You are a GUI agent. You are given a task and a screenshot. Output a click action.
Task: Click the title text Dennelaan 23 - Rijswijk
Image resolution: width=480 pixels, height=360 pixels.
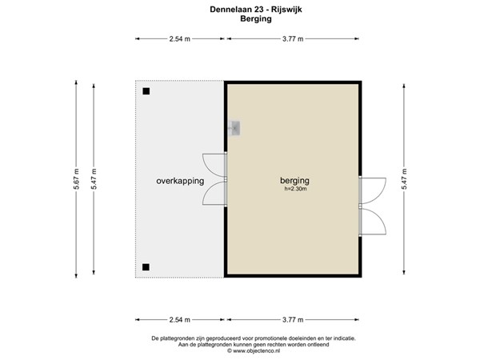coord(239,10)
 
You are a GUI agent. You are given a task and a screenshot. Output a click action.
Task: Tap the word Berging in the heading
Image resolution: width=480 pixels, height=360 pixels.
coord(239,20)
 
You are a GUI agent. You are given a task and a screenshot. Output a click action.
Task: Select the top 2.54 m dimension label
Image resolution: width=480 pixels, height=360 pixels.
coord(180,38)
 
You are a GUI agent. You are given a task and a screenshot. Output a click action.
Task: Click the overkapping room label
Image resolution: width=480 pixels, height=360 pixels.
coord(179,181)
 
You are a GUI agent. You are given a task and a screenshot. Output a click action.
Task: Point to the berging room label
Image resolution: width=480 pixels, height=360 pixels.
coord(294,180)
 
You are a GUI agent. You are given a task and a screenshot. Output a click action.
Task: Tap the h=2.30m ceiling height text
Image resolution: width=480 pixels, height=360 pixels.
coord(295,190)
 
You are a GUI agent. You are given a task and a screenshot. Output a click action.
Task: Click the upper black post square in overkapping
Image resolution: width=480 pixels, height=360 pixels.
coord(146,91)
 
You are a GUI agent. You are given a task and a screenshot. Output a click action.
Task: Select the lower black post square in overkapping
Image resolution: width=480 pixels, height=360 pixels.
coord(146,267)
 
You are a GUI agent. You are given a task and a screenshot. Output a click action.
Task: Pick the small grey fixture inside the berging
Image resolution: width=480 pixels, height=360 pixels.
coord(234,128)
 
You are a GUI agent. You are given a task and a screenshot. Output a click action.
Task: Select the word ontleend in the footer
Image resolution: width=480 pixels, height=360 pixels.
coord(310,345)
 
